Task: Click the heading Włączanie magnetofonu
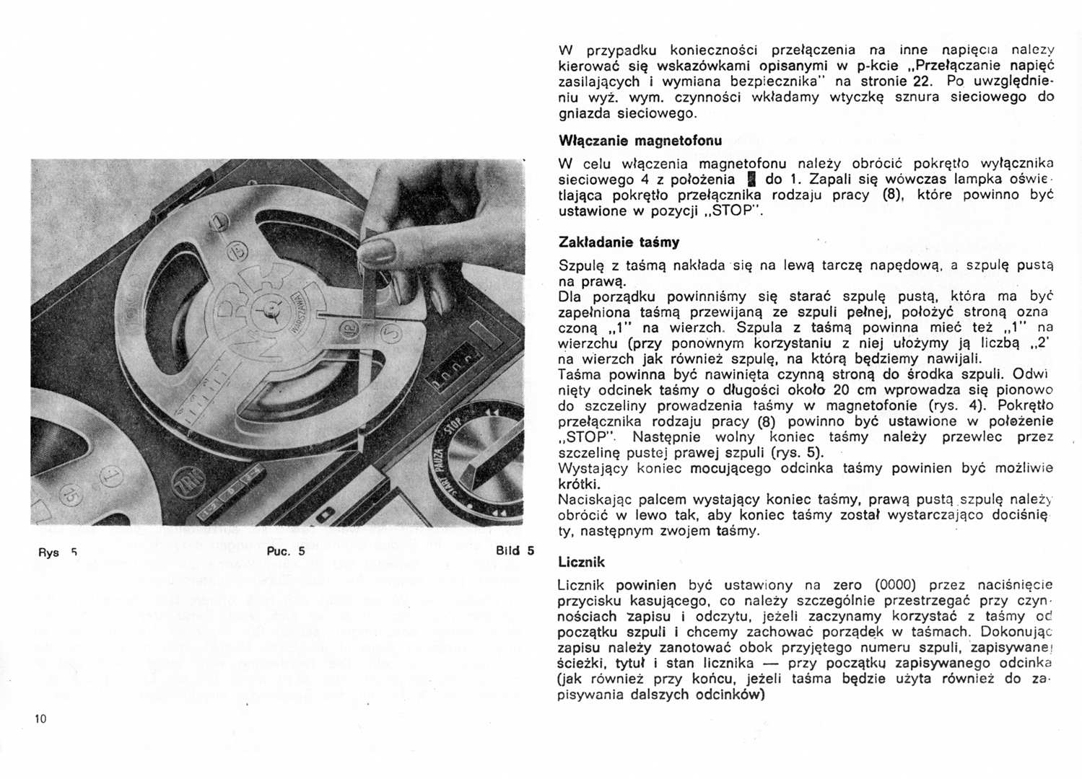point(640,140)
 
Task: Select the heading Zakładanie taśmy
point(619,242)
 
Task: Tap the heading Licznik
point(582,562)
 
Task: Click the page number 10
point(40,718)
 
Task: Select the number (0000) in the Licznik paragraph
point(895,585)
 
